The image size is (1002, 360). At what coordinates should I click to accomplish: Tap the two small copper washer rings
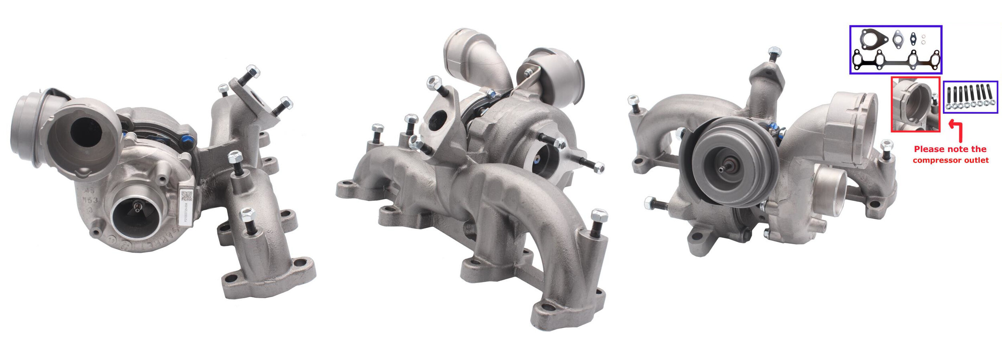[x=923, y=39]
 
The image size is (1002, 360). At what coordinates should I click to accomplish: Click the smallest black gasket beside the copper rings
[x=913, y=39]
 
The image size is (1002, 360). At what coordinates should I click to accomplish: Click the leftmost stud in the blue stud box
[x=948, y=97]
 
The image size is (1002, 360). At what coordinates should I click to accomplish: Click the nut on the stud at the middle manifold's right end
[x=599, y=216]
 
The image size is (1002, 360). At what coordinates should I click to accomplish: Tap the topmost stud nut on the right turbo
[x=774, y=52]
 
